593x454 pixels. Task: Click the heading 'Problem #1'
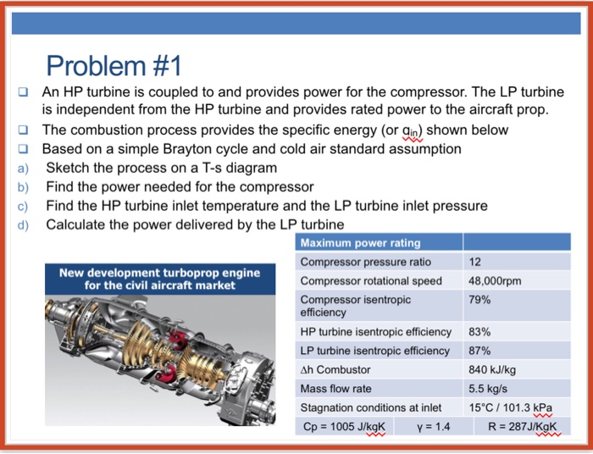[114, 64]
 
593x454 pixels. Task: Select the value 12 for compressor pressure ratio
[476, 262]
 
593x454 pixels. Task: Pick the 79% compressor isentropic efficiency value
[479, 300]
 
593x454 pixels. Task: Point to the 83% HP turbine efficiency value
[479, 332]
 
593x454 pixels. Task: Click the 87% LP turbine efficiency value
[479, 351]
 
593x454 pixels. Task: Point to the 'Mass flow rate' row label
[335, 389]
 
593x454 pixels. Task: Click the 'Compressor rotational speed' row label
[371, 280]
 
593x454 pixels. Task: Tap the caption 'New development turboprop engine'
[159, 273]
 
